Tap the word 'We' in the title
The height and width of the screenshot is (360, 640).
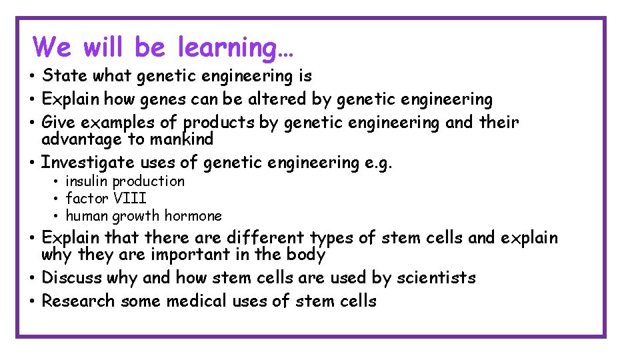click(x=51, y=47)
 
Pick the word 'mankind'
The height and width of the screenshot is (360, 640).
click(x=182, y=139)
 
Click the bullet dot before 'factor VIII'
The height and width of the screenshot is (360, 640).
click(x=57, y=199)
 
